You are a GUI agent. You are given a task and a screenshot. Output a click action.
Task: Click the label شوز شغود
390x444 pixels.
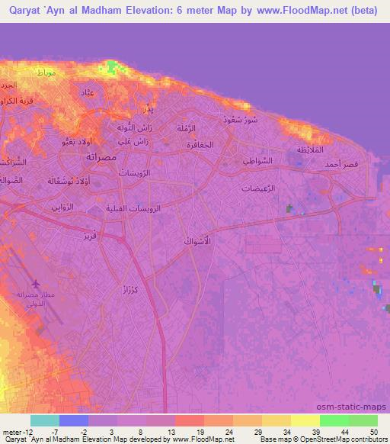238,120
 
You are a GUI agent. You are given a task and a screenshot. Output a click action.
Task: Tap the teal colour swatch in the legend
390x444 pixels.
45,420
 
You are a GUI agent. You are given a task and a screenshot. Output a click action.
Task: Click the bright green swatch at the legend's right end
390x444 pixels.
363,420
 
